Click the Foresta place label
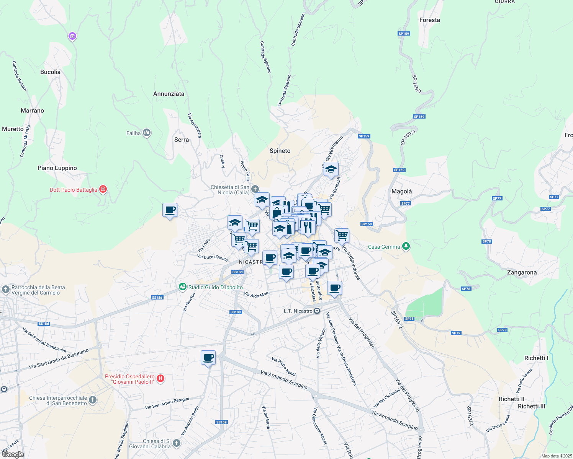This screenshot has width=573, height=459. coord(429,20)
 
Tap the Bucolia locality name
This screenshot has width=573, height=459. coord(50,72)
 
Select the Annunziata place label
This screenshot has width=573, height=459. coord(169,94)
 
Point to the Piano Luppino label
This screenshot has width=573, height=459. coord(57,168)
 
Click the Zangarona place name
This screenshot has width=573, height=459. coord(521,272)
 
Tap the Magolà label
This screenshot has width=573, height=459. coord(401,191)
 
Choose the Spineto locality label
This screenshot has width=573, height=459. coord(280,151)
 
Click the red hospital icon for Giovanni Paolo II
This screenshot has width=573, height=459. coord(160,379)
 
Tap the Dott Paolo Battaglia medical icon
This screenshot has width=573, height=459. coord(103,189)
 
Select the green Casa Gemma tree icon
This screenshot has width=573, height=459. coord(406,247)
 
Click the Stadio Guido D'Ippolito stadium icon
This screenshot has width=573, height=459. coord(183,287)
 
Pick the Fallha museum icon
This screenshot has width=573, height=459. coord(146,133)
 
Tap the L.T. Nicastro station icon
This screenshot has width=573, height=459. coord(317,311)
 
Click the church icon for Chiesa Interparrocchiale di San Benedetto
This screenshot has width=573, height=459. coord(92,400)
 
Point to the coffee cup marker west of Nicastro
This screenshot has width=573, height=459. coord(170,210)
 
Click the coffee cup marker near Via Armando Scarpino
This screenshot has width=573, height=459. coord(208,358)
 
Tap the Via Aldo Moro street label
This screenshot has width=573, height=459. coord(257,294)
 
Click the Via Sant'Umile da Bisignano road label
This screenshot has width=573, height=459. coord(59,359)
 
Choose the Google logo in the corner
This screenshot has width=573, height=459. coord(12,454)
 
